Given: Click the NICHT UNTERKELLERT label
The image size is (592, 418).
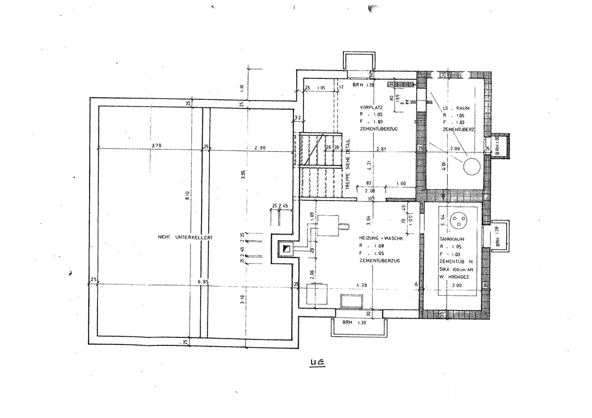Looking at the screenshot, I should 185,237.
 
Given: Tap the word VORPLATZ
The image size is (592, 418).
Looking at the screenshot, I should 371,108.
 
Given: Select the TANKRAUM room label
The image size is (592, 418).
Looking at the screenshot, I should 451,239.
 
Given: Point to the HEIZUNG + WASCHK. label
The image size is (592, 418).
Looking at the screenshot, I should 382,238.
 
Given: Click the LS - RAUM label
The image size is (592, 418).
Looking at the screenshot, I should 456,108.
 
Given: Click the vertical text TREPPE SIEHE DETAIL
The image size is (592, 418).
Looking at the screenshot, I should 348,163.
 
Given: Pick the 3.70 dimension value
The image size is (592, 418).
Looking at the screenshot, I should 156,145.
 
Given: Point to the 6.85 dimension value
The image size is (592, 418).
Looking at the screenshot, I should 203,282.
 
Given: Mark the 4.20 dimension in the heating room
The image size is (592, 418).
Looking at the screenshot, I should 362,285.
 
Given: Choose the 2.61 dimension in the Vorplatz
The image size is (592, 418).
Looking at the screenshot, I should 381,149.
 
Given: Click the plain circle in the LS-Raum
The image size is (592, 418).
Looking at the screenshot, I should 472,166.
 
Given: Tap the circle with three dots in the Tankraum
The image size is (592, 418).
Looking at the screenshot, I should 458,221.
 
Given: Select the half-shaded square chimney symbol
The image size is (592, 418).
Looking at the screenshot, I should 286,249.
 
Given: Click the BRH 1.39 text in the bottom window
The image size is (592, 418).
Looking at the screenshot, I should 354,323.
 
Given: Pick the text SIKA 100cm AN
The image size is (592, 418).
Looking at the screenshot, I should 456,269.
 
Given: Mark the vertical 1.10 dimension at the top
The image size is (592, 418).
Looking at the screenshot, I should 242,88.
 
